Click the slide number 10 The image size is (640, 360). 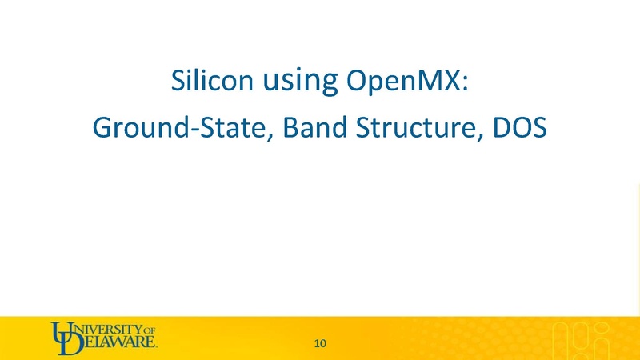[x=320, y=344]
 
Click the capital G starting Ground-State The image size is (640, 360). [x=102, y=127]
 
